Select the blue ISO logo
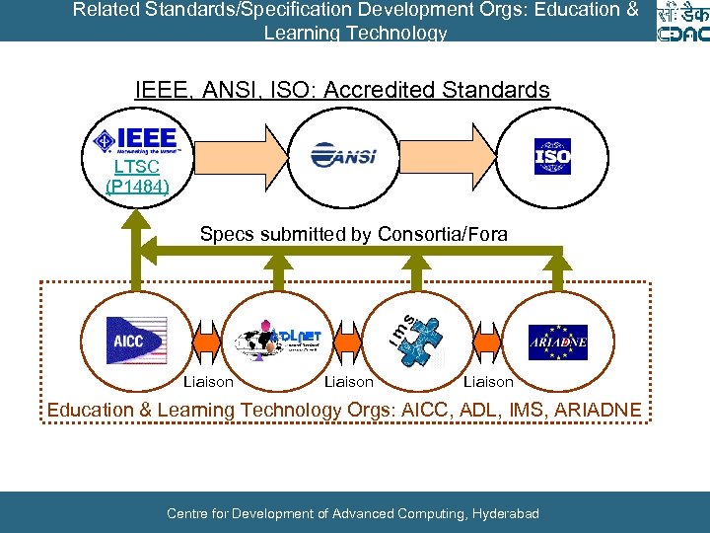pos(552,156)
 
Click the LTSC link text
pos(136,167)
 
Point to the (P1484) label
pos(136,186)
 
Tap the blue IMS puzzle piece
pos(423,340)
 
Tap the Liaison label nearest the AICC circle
pos(209,382)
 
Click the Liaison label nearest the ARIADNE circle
pos(489,382)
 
